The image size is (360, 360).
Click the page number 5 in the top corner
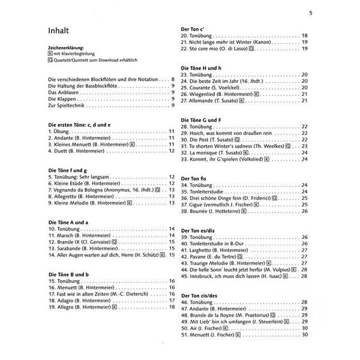pos(310,13)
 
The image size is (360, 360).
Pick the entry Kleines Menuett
pos(87,145)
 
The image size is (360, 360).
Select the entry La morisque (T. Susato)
pos(220,152)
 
